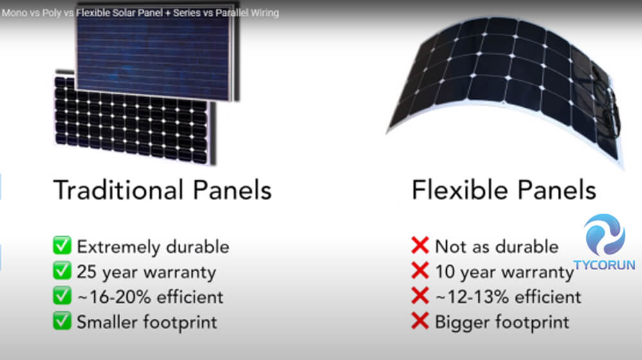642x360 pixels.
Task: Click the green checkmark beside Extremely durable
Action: coord(62,245)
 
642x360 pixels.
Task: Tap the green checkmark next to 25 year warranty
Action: coord(62,270)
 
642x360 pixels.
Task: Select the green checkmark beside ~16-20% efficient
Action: coord(62,296)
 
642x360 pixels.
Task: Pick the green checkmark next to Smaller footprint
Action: coord(62,321)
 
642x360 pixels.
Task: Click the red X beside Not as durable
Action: coord(420,245)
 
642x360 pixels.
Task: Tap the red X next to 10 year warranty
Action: coord(420,271)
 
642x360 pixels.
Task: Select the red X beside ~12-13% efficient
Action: coord(420,296)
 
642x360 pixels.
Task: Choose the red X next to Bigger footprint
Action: coord(420,321)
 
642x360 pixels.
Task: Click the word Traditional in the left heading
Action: coord(118,190)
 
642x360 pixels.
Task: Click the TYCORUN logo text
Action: coord(604,264)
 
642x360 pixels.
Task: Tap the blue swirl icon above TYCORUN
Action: coord(605,234)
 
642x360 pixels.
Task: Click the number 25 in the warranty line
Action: coord(87,271)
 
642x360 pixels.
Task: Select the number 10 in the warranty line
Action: coord(445,271)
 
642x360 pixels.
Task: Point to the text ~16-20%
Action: coord(114,297)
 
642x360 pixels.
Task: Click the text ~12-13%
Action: coord(472,297)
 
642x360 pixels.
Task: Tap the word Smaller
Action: coord(107,322)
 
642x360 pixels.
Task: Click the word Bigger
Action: coord(462,323)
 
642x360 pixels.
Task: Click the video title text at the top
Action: coord(140,13)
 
